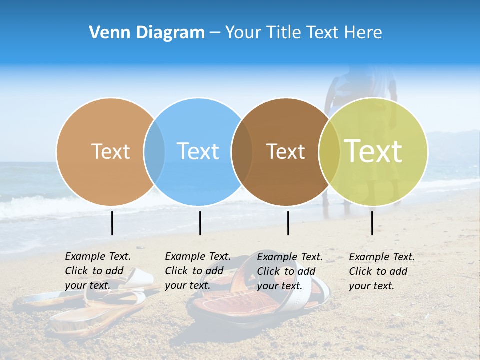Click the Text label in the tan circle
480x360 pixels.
pyautogui.click(x=110, y=151)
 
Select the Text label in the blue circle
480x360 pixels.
pyautogui.click(x=198, y=151)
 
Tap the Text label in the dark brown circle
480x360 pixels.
pyautogui.click(x=286, y=152)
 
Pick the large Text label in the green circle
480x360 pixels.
pyautogui.click(x=373, y=151)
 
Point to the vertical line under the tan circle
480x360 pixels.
pyautogui.click(x=112, y=223)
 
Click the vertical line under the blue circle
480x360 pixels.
pyautogui.click(x=200, y=223)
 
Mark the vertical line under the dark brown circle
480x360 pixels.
pyautogui.click(x=288, y=223)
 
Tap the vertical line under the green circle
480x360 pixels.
pyautogui.click(x=372, y=223)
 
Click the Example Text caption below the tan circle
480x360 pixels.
pyautogui.click(x=97, y=271)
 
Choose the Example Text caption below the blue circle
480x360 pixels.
pyautogui.click(x=197, y=271)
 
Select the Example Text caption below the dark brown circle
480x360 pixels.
pyautogui.click(x=289, y=271)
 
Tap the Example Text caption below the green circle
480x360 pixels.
pyautogui.click(x=381, y=271)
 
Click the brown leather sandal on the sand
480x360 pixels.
pyautogui.click(x=235, y=300)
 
